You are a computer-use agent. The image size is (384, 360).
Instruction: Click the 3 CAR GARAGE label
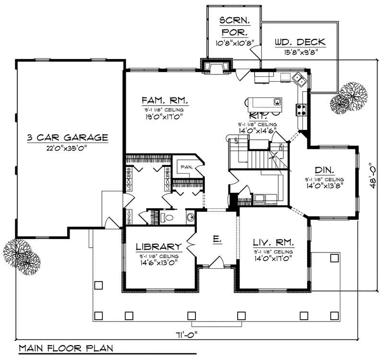pos(67,138)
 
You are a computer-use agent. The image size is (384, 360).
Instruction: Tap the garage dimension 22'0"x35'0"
pos(67,147)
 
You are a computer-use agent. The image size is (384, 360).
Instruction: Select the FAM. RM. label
pos(164,101)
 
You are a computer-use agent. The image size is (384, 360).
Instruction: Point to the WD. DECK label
pos(300,42)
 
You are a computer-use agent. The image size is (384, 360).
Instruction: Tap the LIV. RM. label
pos(272,242)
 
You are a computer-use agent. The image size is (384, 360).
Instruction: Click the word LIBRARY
pos(158,247)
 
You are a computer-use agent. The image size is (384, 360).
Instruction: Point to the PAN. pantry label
pos(186,167)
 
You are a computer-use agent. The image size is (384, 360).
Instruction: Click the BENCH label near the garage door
pos(129,217)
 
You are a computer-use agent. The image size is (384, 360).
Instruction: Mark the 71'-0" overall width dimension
pos(188,334)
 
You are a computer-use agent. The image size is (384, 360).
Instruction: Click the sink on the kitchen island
pos(277,102)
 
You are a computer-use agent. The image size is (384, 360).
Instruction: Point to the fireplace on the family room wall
pos(217,67)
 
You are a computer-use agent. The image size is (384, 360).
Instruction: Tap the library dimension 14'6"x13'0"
pos(158,263)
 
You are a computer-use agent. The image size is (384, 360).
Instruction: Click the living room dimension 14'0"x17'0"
pos(272,259)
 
